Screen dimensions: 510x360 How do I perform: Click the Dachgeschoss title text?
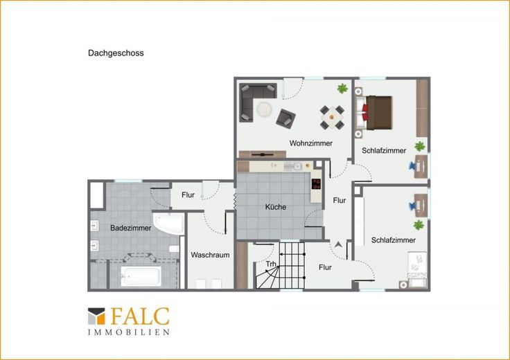116,53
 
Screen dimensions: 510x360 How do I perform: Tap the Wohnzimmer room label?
311,143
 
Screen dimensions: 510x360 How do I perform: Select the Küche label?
276,206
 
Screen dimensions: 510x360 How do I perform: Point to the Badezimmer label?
130,228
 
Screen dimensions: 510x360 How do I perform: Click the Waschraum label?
210,255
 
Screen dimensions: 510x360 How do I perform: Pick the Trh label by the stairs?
271,264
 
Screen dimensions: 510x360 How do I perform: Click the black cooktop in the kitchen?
316,184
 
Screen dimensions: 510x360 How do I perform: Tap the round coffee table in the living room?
264,109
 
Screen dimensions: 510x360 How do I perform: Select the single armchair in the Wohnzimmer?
285,118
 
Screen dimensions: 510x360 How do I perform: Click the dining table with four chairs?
332,117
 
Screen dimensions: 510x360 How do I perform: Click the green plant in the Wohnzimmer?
342,88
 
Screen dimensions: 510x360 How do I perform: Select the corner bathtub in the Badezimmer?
169,223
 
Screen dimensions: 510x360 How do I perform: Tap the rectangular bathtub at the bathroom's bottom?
141,276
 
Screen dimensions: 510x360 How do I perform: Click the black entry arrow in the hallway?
338,244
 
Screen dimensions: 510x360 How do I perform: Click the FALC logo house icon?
96,316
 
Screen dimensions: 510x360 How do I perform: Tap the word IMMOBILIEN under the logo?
129,332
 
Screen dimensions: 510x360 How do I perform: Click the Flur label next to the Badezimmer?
188,195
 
